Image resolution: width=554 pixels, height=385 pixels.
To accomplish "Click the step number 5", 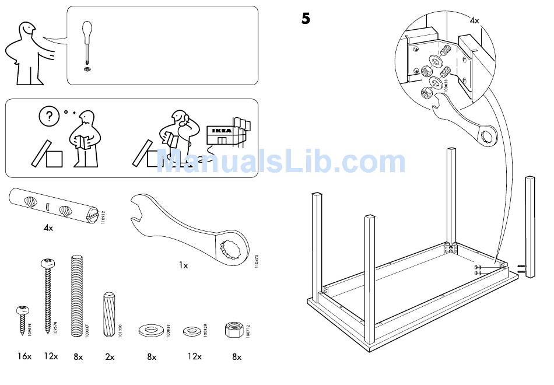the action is coord(306,19).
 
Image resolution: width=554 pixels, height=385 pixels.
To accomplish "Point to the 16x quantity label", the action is coord(24,356).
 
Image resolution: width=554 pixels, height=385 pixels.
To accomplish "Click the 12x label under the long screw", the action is coord(51,356).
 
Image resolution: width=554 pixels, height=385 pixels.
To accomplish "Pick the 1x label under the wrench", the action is coord(183,265).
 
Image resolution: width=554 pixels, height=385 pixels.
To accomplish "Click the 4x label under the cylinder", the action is coord(48,228).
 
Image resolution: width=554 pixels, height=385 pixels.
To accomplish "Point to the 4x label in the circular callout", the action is coord(475,20).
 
